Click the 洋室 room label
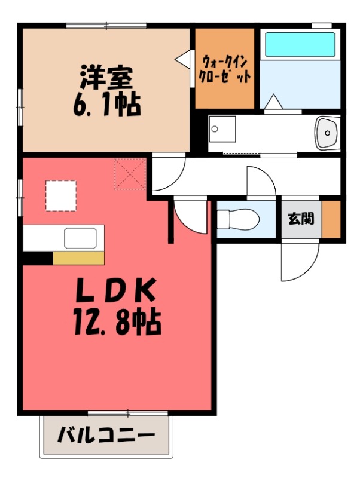pyautogui.click(x=107, y=77)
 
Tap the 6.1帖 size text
pyautogui.click(x=107, y=106)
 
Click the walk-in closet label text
pyautogui.click(x=225, y=69)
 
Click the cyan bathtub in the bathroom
pyautogui.click(x=300, y=44)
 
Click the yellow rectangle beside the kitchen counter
pyautogui.click(x=78, y=258)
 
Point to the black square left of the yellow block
pyautogui.click(x=38, y=258)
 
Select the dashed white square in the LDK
pyautogui.click(x=61, y=196)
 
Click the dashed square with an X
pyautogui.click(x=130, y=174)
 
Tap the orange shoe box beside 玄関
pyautogui.click(x=331, y=219)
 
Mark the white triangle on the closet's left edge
pyautogui.click(x=182, y=58)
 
